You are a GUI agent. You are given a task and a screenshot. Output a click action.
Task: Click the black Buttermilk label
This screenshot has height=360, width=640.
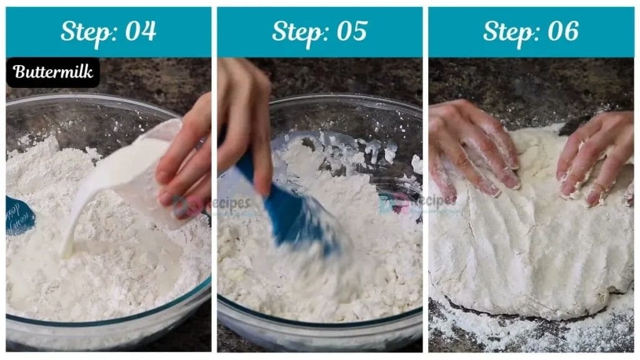click(52, 72)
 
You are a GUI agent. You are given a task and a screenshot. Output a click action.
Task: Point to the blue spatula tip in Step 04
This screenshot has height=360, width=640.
click(17, 216)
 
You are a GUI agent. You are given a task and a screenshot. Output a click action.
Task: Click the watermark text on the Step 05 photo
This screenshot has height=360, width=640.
click(425, 201)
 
